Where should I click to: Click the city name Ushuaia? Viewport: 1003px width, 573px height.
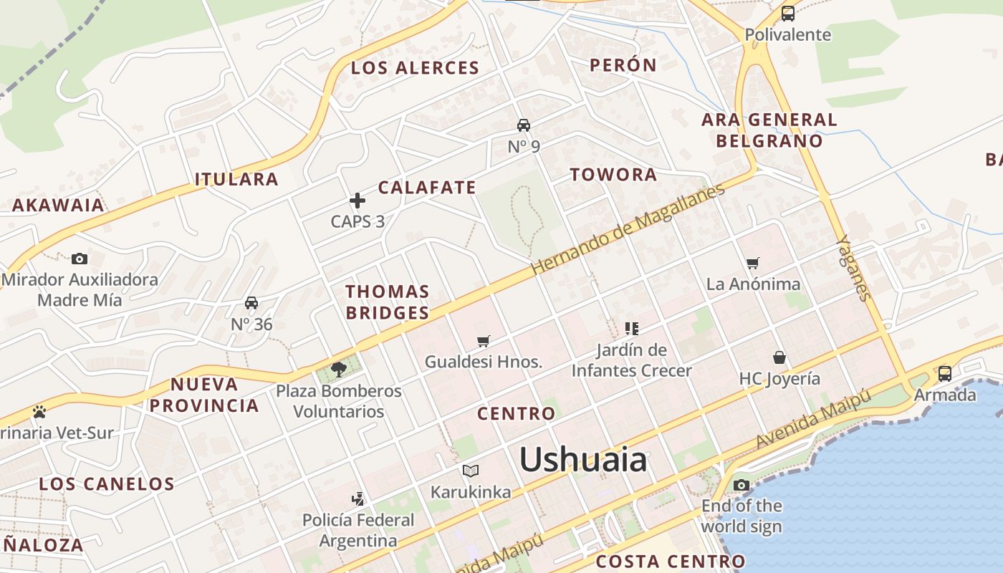point(582,459)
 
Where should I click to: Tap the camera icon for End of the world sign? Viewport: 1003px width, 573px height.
point(742,485)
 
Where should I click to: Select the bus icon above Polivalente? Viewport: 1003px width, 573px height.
point(788,13)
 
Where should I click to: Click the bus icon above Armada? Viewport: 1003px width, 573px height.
point(945,373)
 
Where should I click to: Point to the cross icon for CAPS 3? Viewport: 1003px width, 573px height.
point(357,201)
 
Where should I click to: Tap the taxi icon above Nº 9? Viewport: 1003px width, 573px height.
point(524,125)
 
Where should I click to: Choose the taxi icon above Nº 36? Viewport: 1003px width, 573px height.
point(251,303)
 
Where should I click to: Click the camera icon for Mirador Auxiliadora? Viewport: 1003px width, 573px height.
point(80,259)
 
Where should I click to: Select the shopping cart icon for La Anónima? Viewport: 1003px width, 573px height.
point(753,264)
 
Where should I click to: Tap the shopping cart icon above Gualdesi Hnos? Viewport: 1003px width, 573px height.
point(484,341)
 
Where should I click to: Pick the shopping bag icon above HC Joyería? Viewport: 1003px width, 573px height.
point(779,357)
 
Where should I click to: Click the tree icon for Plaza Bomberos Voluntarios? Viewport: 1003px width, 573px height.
point(339,370)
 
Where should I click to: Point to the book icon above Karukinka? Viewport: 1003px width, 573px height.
point(471,471)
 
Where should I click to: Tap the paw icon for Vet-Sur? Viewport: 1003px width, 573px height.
point(39,412)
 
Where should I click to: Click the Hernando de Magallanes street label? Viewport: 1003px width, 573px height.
point(628,228)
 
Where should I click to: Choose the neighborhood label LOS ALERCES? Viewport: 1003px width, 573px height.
point(415,68)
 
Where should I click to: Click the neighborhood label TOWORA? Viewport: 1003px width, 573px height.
point(613,174)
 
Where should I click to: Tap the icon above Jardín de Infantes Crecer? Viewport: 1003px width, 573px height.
point(631,329)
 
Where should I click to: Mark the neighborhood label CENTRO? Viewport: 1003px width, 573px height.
point(516,413)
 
